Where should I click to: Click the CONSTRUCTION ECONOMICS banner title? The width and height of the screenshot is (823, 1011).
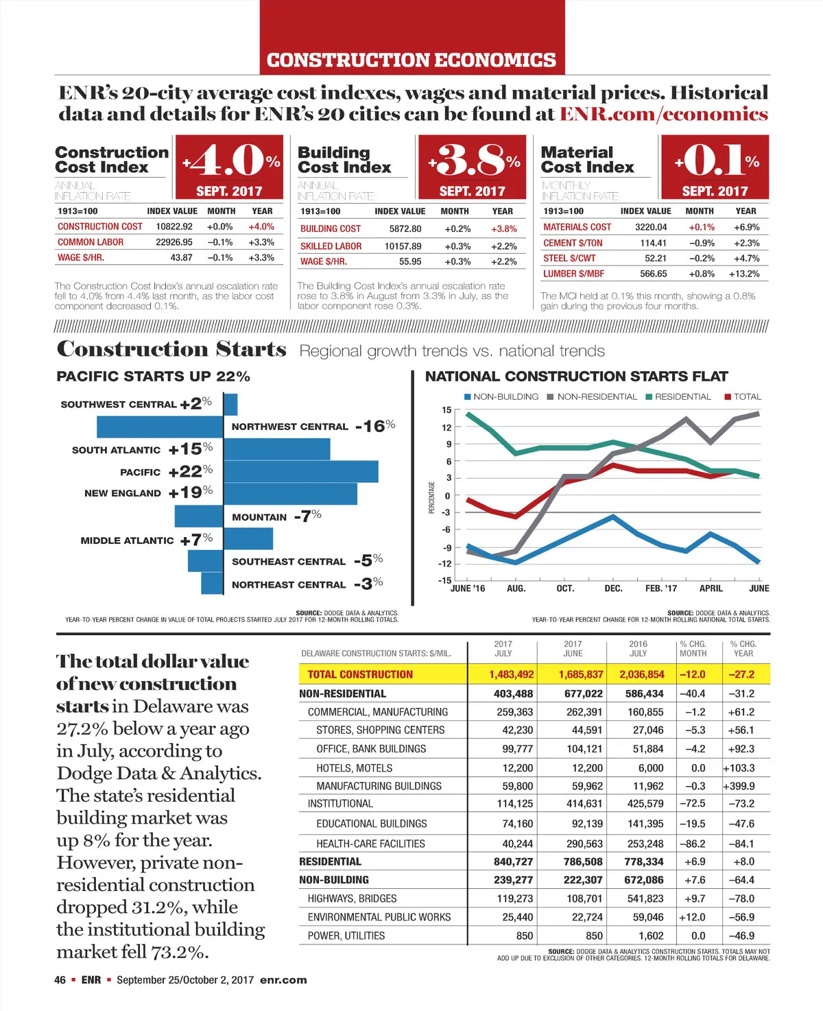pyautogui.click(x=411, y=60)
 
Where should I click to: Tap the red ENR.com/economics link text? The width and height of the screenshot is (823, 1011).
pyautogui.click(x=663, y=114)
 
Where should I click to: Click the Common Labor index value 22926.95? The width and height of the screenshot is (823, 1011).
pyautogui.click(x=174, y=242)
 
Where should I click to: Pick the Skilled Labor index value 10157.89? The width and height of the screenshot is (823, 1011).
pyautogui.click(x=403, y=246)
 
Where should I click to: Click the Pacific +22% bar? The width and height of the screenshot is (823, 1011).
pyautogui.click(x=300, y=471)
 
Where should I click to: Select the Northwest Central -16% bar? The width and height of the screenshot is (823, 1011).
pyautogui.click(x=160, y=427)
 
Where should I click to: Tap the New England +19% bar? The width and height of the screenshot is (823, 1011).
pyautogui.click(x=290, y=494)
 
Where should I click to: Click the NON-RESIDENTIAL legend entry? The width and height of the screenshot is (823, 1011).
pyautogui.click(x=596, y=396)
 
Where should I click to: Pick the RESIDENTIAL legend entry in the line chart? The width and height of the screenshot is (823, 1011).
pyautogui.click(x=682, y=396)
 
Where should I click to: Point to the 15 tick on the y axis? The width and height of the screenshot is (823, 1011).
pyautogui.click(x=446, y=410)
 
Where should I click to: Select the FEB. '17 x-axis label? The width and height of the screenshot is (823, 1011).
pyautogui.click(x=660, y=588)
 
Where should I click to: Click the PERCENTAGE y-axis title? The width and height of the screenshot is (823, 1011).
pyautogui.click(x=431, y=497)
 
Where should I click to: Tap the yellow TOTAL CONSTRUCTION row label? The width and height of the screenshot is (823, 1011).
pyautogui.click(x=360, y=674)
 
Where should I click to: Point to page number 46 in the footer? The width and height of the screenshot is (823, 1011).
pyautogui.click(x=60, y=980)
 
